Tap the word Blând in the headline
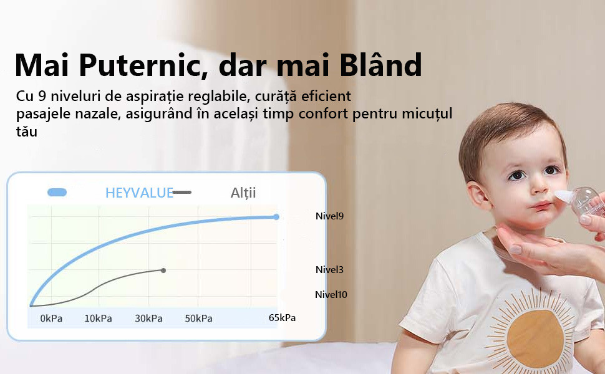click(x=381, y=64)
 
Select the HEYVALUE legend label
click(x=139, y=193)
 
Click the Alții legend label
click(x=243, y=193)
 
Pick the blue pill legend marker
click(x=57, y=192)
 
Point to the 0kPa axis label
click(x=51, y=319)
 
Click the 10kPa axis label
click(x=98, y=319)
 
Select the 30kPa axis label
click(x=148, y=319)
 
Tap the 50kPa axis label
click(x=198, y=319)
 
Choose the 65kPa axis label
click(x=282, y=318)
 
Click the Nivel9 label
click(x=329, y=216)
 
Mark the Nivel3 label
click(x=329, y=269)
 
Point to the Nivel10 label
click(x=331, y=295)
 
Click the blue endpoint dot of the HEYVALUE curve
click(x=276, y=217)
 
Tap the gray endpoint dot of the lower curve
click(x=163, y=271)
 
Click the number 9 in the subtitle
click(x=42, y=96)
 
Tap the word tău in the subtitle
click(x=27, y=132)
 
